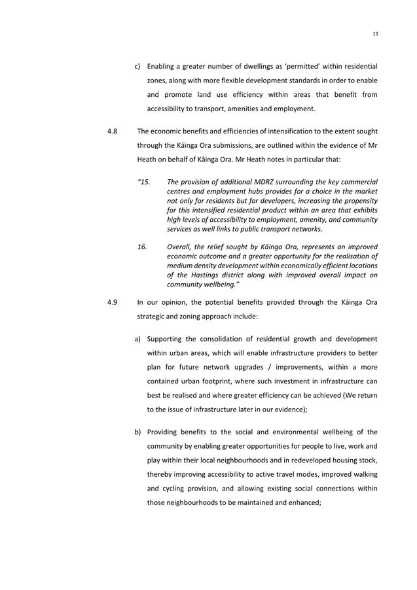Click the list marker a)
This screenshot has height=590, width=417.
139,339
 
